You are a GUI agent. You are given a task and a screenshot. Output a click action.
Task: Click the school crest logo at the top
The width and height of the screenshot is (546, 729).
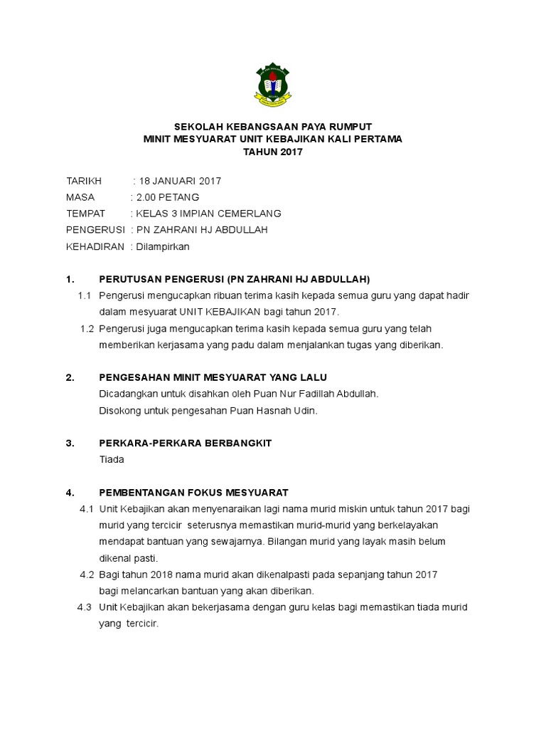(x=272, y=84)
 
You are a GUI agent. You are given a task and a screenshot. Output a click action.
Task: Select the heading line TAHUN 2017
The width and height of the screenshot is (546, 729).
(x=272, y=152)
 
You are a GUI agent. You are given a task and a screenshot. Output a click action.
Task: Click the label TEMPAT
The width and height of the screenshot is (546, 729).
(x=85, y=214)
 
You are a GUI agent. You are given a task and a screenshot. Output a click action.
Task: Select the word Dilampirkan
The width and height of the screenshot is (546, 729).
(x=163, y=246)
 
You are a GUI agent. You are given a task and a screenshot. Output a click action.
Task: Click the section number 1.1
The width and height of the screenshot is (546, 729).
(x=85, y=295)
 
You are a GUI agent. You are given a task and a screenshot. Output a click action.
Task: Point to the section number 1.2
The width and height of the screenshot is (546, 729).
(x=87, y=328)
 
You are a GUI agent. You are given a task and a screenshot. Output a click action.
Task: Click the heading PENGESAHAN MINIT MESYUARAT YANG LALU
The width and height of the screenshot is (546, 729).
(x=213, y=377)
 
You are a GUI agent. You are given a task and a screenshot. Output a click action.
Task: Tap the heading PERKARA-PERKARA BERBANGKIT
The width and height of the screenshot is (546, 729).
(x=185, y=443)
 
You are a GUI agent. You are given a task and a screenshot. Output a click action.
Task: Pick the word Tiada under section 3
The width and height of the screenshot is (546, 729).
(x=112, y=459)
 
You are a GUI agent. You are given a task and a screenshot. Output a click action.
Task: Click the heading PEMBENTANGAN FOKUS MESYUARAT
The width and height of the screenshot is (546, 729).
(x=193, y=492)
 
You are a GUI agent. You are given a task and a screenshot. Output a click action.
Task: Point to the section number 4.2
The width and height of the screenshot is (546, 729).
(x=87, y=574)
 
